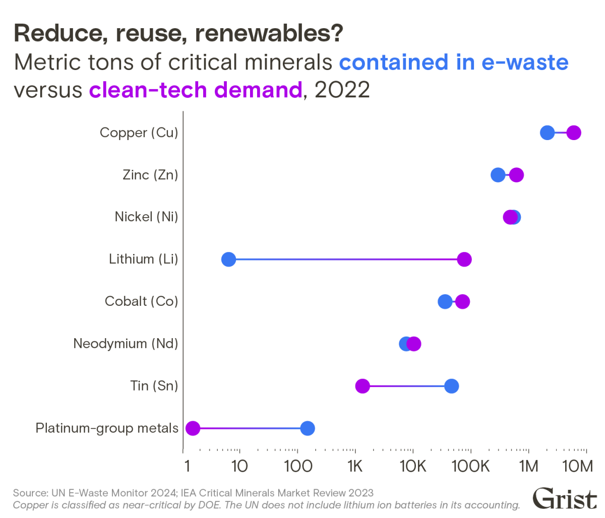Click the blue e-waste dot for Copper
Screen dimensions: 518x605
[x=547, y=133]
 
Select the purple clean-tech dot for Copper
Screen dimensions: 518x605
[x=574, y=133]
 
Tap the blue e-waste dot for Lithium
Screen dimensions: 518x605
[x=228, y=260]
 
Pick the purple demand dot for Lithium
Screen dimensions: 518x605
[x=464, y=260]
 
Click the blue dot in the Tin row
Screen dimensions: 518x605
[x=451, y=386]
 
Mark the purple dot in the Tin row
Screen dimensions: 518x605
[x=362, y=386]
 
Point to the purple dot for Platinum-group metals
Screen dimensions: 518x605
[x=193, y=428]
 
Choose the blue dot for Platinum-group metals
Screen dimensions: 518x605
[x=308, y=428]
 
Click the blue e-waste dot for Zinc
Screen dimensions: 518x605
[x=498, y=175]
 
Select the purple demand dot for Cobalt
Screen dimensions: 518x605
[x=462, y=302]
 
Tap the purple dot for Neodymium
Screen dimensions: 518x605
[x=414, y=344]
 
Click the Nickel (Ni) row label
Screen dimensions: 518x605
[x=146, y=217]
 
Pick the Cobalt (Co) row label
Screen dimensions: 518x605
[x=141, y=301]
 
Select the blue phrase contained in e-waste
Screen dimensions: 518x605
[x=454, y=62]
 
